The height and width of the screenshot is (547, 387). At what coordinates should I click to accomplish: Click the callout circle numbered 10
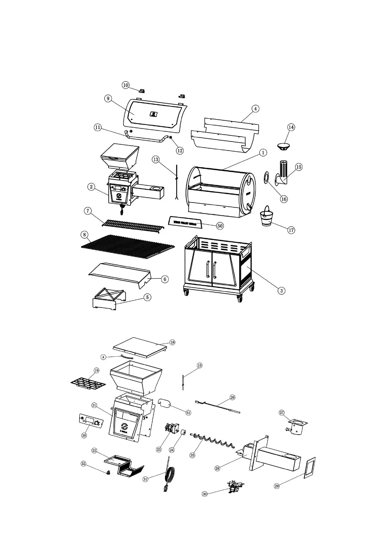[x=126, y=85]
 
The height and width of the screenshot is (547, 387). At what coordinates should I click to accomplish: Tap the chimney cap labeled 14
[x=285, y=146]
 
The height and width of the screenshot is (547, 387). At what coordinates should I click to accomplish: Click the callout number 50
[x=220, y=226]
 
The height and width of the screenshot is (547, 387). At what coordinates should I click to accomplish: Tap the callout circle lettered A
[x=103, y=357]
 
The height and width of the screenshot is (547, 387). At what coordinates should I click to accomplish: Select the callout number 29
[x=277, y=486]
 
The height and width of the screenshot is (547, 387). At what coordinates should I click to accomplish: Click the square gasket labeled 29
[x=309, y=468]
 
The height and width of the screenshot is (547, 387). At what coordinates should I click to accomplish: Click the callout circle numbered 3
[x=282, y=290]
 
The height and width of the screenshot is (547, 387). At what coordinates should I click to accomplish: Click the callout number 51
[x=188, y=413]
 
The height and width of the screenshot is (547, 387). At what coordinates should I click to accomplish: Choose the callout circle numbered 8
[x=84, y=234]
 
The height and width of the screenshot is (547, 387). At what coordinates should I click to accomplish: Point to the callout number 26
[x=232, y=397]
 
